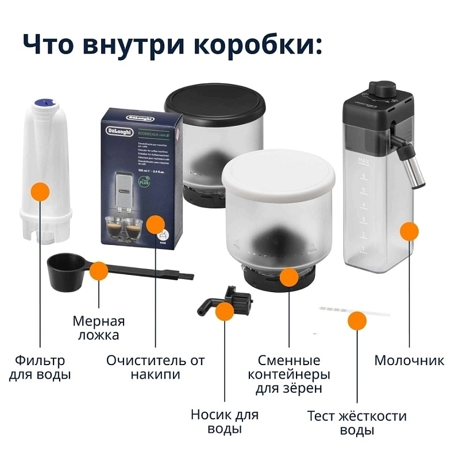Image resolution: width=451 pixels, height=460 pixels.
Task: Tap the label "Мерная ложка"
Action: point(98,328)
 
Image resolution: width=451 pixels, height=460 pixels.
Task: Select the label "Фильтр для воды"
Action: point(40,368)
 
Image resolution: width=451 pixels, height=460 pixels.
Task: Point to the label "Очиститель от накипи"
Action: point(155,368)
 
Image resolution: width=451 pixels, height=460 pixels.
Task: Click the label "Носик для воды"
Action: point(225,421)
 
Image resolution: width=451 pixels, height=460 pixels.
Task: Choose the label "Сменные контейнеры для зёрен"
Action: point(288,374)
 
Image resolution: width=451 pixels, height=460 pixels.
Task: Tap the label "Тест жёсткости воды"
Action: point(357,423)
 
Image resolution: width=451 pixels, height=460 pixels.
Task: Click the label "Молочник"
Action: point(409,361)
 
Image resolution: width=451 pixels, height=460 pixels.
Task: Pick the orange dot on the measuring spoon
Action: point(99,271)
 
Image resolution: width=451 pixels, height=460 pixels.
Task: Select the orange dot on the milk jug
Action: point(409,231)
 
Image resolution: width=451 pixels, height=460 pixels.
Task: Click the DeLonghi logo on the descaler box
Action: point(117,131)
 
